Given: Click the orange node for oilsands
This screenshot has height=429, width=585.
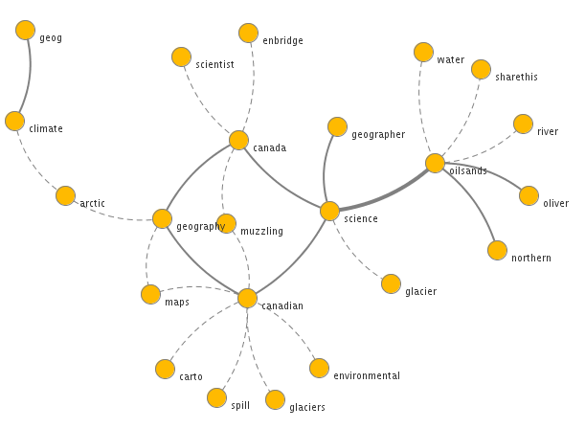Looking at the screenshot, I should [x=435, y=163].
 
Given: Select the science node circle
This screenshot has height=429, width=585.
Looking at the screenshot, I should [x=329, y=211].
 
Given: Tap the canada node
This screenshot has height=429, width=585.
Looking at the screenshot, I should [x=238, y=141].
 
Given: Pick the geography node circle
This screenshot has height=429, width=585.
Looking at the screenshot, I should [x=162, y=218].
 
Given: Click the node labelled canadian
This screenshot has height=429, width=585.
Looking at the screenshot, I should [x=247, y=298].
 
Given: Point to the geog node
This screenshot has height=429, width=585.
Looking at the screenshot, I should [x=26, y=31].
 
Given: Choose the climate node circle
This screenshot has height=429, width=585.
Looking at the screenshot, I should [x=14, y=121].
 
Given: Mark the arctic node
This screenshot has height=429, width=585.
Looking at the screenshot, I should [x=65, y=195].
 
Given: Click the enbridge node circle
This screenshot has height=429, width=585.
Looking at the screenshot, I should [x=248, y=34].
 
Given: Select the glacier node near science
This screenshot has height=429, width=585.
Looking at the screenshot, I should [x=391, y=283].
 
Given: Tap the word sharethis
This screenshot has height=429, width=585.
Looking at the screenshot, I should [x=516, y=78].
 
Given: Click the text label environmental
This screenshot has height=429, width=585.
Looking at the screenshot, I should [x=367, y=376].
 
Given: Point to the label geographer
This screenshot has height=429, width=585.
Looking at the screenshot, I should [x=378, y=135].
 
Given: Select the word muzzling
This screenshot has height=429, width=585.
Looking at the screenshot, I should [x=261, y=232].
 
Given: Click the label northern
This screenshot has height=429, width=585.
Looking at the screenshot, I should [x=531, y=259].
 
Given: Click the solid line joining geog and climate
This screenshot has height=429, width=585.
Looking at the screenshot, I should [x=29, y=77].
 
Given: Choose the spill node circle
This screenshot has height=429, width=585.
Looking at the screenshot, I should [x=216, y=397].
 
